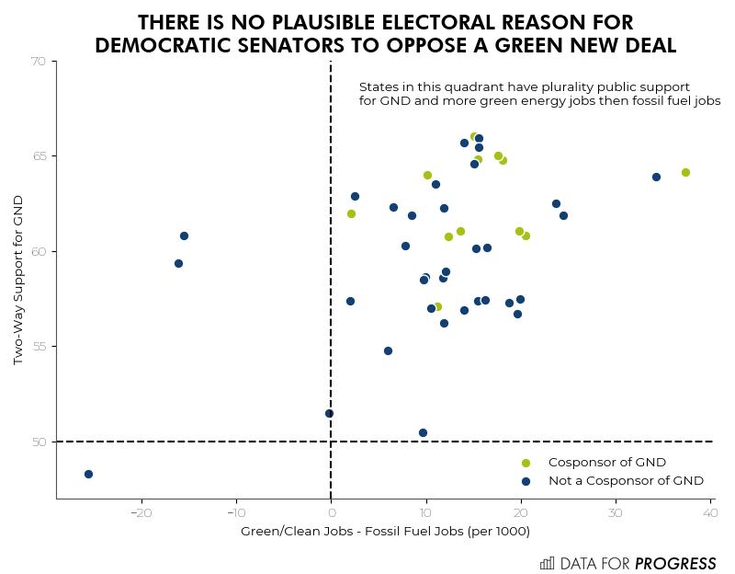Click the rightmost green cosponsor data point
tap(685, 172)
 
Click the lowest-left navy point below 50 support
tap(88, 474)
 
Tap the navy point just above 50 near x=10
tap(423, 432)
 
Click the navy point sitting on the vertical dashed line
tap(329, 413)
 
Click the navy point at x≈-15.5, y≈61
tap(184, 235)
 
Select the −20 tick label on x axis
tap(141, 512)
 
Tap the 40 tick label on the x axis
tap(710, 512)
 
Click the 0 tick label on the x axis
tap(331, 512)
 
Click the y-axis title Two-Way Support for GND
tap(18, 279)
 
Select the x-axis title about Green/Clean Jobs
tap(385, 532)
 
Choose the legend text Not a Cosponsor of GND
tap(626, 480)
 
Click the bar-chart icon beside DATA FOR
tap(547, 563)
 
